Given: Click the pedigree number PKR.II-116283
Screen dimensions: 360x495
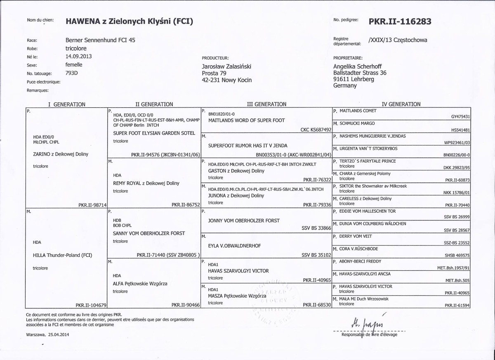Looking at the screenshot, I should point(400,21).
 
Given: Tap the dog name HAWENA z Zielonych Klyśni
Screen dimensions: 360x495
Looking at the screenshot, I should point(129,21).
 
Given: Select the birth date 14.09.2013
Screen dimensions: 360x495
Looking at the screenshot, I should point(79,57).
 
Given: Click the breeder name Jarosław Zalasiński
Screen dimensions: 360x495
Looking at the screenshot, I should point(226,66).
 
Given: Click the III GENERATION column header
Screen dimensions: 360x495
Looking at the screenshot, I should point(266,104).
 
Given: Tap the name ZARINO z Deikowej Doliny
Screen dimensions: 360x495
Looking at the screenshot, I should point(60,154).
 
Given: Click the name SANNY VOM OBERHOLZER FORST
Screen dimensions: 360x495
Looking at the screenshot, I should point(149,233).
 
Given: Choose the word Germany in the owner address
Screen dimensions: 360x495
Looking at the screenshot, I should point(345,86).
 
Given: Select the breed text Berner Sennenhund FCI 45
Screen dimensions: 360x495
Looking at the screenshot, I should point(100,40).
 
